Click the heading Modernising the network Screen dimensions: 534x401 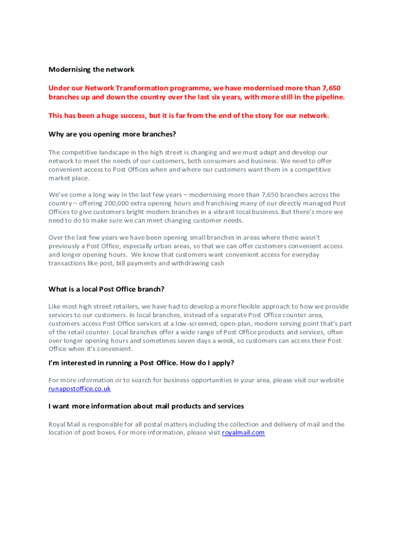point(91,69)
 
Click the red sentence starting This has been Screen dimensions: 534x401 point(189,116)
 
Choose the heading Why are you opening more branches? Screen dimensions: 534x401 point(112,134)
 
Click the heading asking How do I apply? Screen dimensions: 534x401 point(141,362)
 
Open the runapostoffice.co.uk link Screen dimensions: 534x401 point(80,389)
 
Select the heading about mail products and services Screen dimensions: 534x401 point(146,406)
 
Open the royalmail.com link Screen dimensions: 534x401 point(243,433)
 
